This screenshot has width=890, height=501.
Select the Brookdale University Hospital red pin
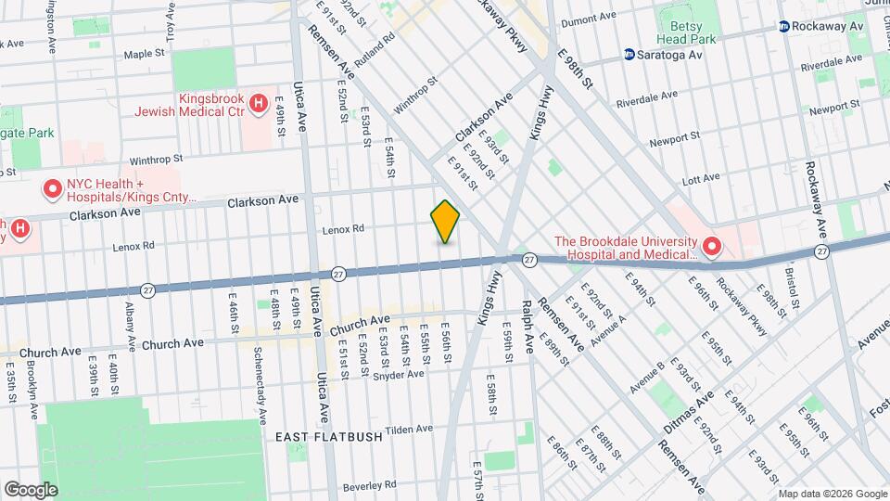pyautogui.click(x=712, y=247)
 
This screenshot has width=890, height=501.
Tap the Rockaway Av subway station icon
pyautogui.click(x=784, y=27)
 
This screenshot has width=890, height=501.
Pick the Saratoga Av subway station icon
pyautogui.click(x=629, y=55)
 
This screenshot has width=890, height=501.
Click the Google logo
pyautogui.click(x=31, y=490)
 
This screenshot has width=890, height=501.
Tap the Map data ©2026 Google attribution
pyautogui.click(x=832, y=494)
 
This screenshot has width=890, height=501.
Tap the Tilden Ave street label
pyautogui.click(x=410, y=430)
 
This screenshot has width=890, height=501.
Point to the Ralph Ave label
pyautogui.click(x=528, y=326)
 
